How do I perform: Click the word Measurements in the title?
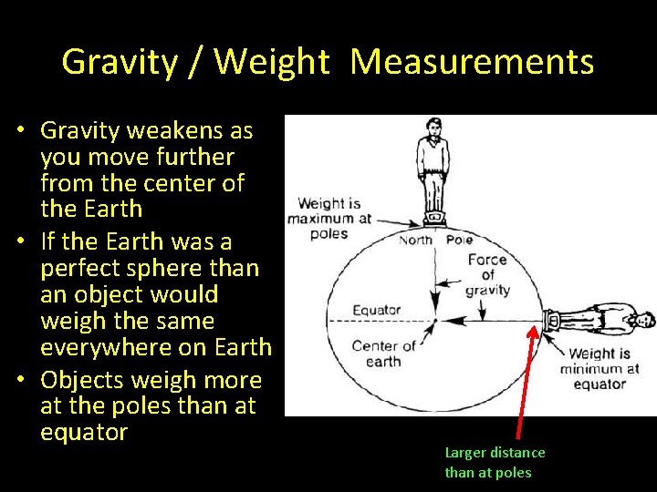[472, 62]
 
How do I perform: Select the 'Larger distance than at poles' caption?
[495, 462]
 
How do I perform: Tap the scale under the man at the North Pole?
[435, 218]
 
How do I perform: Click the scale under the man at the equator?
[550, 321]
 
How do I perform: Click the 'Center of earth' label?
[383, 354]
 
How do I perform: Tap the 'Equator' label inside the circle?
[377, 309]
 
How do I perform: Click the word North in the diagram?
[416, 241]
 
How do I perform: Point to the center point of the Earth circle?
[435, 321]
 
